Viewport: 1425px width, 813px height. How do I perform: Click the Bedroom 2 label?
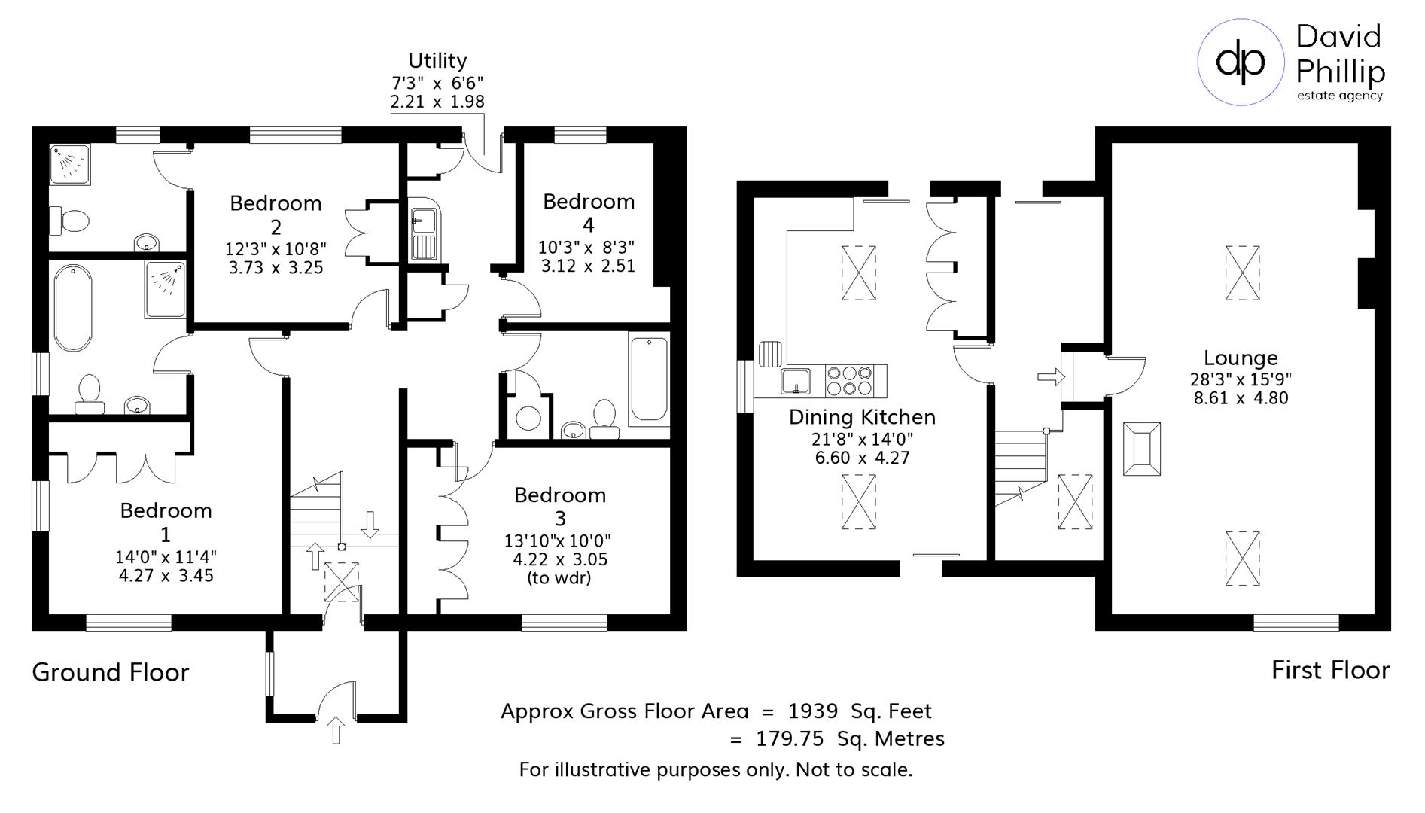pos(276,214)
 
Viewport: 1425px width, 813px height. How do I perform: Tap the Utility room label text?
pos(437,60)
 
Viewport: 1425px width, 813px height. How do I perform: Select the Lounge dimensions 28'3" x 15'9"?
pos(1241,379)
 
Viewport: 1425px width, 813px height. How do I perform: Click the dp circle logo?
pos(1241,62)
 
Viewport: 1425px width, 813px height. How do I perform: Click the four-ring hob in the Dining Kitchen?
pos(849,380)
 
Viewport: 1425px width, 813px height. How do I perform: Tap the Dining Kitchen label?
pos(862,417)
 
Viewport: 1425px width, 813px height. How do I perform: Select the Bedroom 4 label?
pos(588,212)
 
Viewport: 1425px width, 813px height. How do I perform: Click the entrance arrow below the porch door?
pos(336,730)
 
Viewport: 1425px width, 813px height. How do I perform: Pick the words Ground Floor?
pos(111,672)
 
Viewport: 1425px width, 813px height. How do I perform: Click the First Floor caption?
pos(1330,670)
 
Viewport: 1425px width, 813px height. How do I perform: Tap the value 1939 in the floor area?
pos(812,711)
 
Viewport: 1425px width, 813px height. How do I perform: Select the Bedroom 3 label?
pos(560,506)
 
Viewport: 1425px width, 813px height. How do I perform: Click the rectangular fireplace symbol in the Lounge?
pos(1141,449)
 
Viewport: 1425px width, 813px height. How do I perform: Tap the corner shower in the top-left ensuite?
pos(70,163)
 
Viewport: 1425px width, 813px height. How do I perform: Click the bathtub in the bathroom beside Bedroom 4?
pos(649,378)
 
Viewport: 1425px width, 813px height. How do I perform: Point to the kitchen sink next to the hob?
pos(795,381)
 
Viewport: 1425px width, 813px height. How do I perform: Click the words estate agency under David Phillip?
pos(1339,96)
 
